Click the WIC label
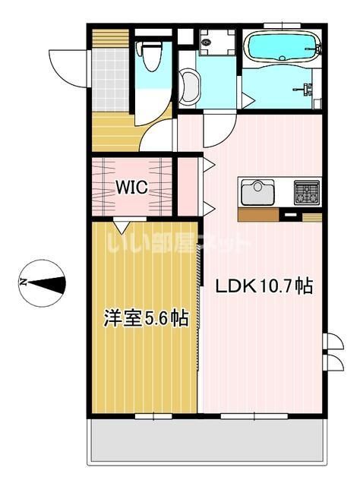click(x=131, y=185)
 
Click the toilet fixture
click(x=151, y=55)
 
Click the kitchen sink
click(x=257, y=191)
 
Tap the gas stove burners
click(x=307, y=191)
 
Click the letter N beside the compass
click(x=22, y=282)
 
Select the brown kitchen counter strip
click(x=258, y=215)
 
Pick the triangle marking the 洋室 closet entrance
click(x=121, y=226)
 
